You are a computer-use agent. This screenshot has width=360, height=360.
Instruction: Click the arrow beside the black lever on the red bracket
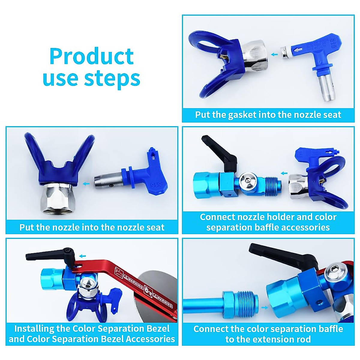point(82,256)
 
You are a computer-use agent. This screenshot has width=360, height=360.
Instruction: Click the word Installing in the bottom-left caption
point(34,328)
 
